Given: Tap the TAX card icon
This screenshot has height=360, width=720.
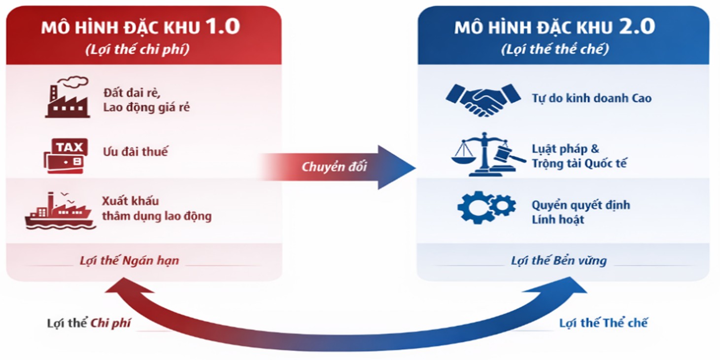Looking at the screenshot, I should (x=66, y=154).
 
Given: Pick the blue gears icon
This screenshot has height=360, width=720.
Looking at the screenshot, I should (x=486, y=207).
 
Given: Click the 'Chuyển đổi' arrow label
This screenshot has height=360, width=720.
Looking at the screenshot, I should (x=334, y=167).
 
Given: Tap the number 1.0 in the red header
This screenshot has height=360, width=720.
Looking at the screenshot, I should (x=222, y=27).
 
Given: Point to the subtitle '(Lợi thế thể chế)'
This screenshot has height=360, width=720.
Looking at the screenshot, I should (x=555, y=49).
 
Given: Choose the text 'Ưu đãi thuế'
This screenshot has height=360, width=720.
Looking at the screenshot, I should (x=136, y=151).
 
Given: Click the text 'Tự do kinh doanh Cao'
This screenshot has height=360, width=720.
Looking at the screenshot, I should (x=591, y=98).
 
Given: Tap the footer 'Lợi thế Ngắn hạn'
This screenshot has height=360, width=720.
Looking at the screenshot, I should (x=130, y=260).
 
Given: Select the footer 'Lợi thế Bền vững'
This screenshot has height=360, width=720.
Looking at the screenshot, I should (x=559, y=260).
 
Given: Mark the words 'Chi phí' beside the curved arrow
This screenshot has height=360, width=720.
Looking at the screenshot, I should (x=111, y=324).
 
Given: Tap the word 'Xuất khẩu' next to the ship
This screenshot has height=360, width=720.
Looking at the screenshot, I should (x=130, y=201).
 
